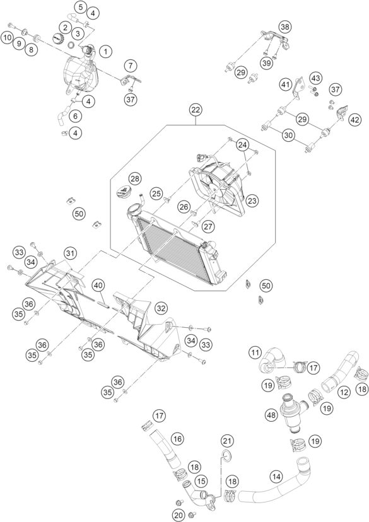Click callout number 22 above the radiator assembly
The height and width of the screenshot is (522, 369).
coord(196,111)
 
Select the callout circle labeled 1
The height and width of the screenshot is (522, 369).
coord(105,50)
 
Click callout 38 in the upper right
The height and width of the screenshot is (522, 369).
coord(286,26)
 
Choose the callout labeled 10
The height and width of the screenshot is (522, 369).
coord(7,38)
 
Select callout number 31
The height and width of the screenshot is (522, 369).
coord(69,253)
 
